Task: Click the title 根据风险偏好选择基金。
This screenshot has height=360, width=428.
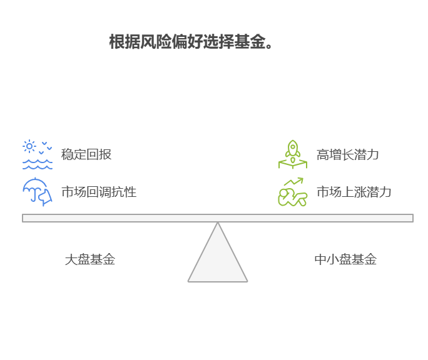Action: (x=191, y=42)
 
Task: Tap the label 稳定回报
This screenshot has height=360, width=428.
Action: (x=86, y=154)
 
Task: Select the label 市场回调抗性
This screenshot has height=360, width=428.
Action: (x=99, y=192)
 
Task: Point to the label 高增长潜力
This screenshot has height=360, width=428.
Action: (x=347, y=154)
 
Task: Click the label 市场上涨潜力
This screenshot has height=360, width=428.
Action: (x=354, y=192)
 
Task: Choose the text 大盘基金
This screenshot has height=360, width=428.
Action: (x=90, y=259)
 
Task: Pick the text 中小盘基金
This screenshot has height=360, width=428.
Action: (x=345, y=259)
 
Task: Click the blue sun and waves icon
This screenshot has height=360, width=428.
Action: (x=38, y=154)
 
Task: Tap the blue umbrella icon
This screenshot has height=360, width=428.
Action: (x=38, y=192)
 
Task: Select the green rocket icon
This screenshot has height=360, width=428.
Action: (x=293, y=154)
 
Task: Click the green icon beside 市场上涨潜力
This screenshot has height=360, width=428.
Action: (x=293, y=192)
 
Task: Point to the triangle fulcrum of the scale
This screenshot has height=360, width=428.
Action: (x=218, y=252)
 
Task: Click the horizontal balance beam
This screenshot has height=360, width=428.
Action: (x=218, y=218)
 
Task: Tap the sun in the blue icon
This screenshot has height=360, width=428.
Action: (x=29, y=146)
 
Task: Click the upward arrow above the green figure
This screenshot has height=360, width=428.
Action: (x=293, y=181)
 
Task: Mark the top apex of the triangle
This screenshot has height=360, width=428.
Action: (x=218, y=222)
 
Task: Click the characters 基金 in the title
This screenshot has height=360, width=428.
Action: (x=250, y=42)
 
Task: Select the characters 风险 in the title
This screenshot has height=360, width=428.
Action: (x=156, y=42)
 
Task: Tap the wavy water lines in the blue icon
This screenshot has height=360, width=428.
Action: (x=38, y=164)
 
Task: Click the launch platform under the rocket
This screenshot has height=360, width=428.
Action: (x=293, y=164)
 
